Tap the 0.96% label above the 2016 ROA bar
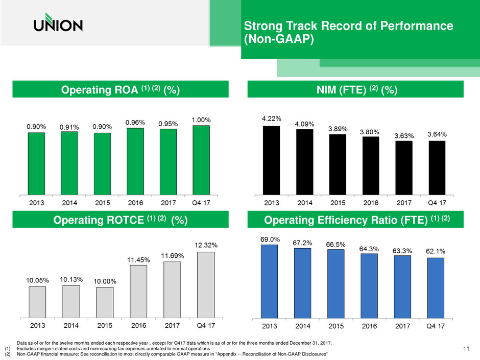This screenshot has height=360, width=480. [x=135, y=123]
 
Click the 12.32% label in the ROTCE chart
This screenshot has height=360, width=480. [x=206, y=245]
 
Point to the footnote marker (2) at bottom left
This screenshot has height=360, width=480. [x=7, y=354]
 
